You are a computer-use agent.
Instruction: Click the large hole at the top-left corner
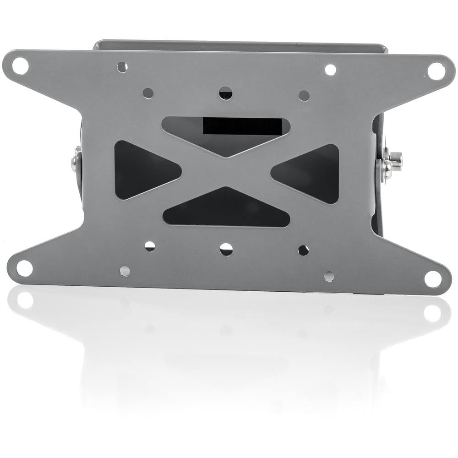(20, 66)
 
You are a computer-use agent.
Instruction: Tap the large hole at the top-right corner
(436, 71)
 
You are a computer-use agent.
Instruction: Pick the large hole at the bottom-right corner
(433, 278)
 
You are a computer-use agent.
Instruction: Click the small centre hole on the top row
(225, 93)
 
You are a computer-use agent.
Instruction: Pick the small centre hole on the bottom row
(226, 249)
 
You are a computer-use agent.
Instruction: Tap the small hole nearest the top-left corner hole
(122, 67)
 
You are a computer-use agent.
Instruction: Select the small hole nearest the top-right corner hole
(330, 70)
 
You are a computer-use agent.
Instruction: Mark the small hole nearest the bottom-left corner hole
(125, 271)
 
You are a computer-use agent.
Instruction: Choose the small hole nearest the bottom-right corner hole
(329, 276)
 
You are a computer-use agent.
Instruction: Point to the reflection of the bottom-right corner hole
(432, 313)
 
